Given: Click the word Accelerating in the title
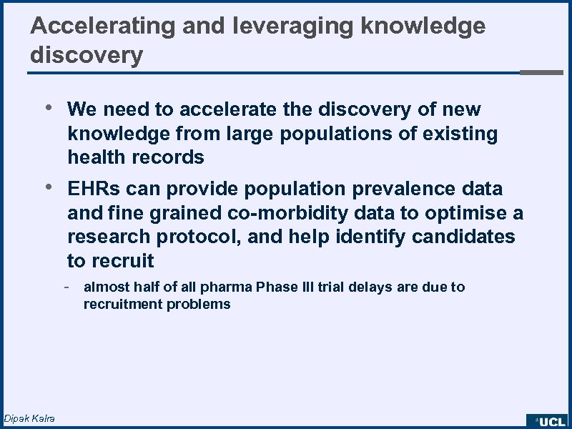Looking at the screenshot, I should pyautogui.click(x=103, y=26).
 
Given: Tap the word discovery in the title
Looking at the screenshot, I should pyautogui.click(x=87, y=54).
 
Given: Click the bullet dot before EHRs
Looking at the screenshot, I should pyautogui.click(x=48, y=188).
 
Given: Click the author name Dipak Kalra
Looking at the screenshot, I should pyautogui.click(x=29, y=418).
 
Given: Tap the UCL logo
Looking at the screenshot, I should pyautogui.click(x=547, y=421).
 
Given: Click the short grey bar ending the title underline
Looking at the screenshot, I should pyautogui.click(x=541, y=72).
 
